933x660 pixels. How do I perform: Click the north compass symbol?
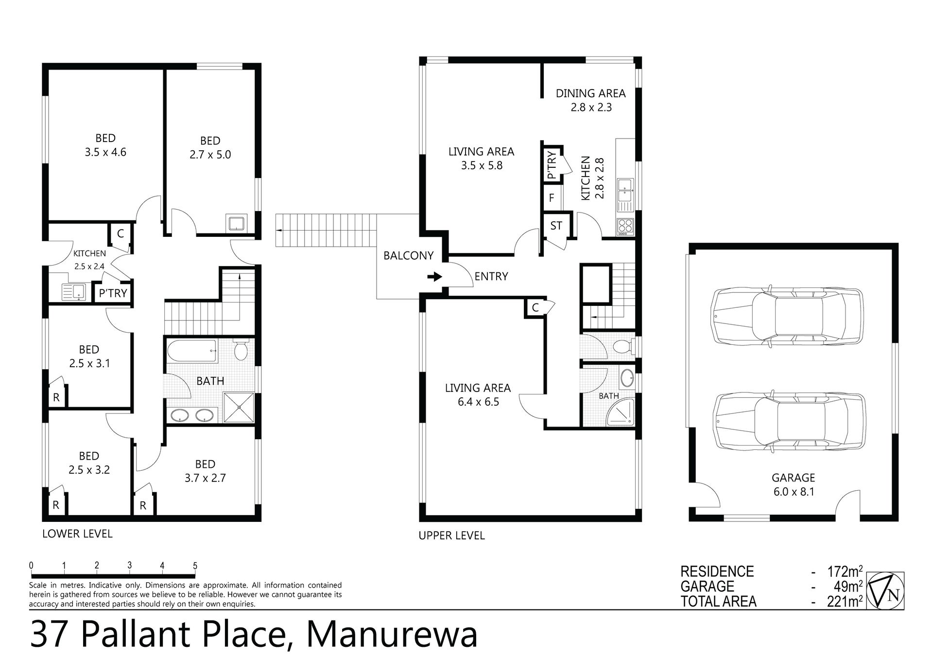tap(885, 590)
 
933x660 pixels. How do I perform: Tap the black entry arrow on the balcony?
tap(434, 277)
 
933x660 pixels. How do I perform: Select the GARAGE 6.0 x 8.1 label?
tap(794, 484)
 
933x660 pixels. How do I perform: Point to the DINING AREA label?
tap(590, 93)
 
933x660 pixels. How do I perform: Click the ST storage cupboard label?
tap(556, 226)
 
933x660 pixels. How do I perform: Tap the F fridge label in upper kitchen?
tap(552, 198)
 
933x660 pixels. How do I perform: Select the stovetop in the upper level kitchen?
tap(625, 226)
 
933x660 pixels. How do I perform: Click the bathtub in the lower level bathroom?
tap(192, 351)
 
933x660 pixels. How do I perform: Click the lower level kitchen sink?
tap(73, 292)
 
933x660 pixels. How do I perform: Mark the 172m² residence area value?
tap(845, 571)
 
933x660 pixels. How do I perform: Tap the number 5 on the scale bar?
tap(195, 566)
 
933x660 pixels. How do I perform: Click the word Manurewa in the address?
tap(392, 634)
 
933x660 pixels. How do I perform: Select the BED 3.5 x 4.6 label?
tap(105, 145)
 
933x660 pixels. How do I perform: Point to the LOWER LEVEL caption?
tap(77, 534)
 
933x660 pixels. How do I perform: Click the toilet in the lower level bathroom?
tap(241, 350)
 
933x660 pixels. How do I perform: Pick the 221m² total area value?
tap(845, 602)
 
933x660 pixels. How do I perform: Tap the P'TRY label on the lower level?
tap(113, 293)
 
